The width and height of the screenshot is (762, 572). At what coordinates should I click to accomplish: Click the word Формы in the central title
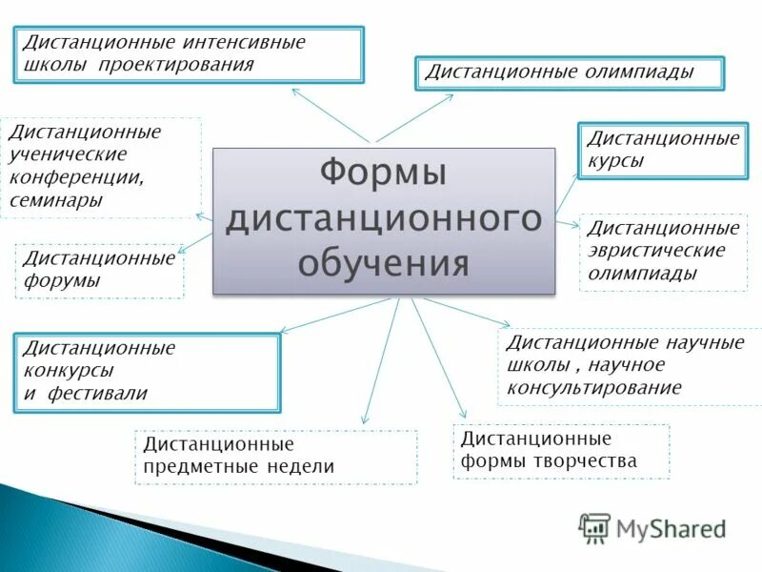click(x=383, y=174)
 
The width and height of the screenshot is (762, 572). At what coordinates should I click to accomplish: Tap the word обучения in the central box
click(x=383, y=261)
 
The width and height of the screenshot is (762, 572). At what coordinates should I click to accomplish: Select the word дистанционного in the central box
click(x=383, y=218)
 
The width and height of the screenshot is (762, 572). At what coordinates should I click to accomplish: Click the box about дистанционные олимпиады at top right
click(x=570, y=73)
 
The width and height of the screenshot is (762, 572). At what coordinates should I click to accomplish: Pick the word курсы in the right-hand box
click(x=614, y=161)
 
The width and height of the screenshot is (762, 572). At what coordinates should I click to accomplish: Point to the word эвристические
click(x=655, y=251)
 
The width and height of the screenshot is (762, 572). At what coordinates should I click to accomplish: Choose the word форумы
click(x=61, y=280)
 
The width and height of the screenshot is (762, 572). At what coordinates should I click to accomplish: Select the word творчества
click(x=589, y=461)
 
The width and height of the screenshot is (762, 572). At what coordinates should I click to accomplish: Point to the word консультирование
click(x=593, y=387)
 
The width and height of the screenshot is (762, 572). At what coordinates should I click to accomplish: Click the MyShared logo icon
click(x=594, y=527)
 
